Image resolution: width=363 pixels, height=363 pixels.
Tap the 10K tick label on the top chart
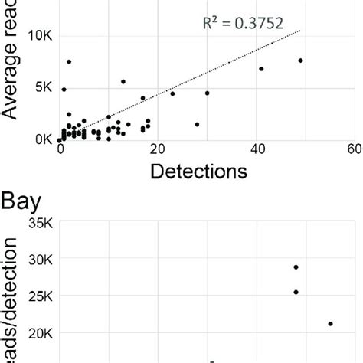click(x=38, y=35)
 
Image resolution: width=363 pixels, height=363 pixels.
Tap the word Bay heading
click(x=21, y=205)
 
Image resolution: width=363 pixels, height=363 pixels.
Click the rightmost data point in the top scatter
click(x=301, y=60)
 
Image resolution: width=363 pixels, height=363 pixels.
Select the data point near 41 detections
click(x=261, y=69)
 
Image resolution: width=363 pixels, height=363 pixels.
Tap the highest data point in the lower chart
click(x=296, y=267)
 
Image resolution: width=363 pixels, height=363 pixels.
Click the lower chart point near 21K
click(x=330, y=324)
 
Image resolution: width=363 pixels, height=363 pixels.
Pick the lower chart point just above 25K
click(x=296, y=292)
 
